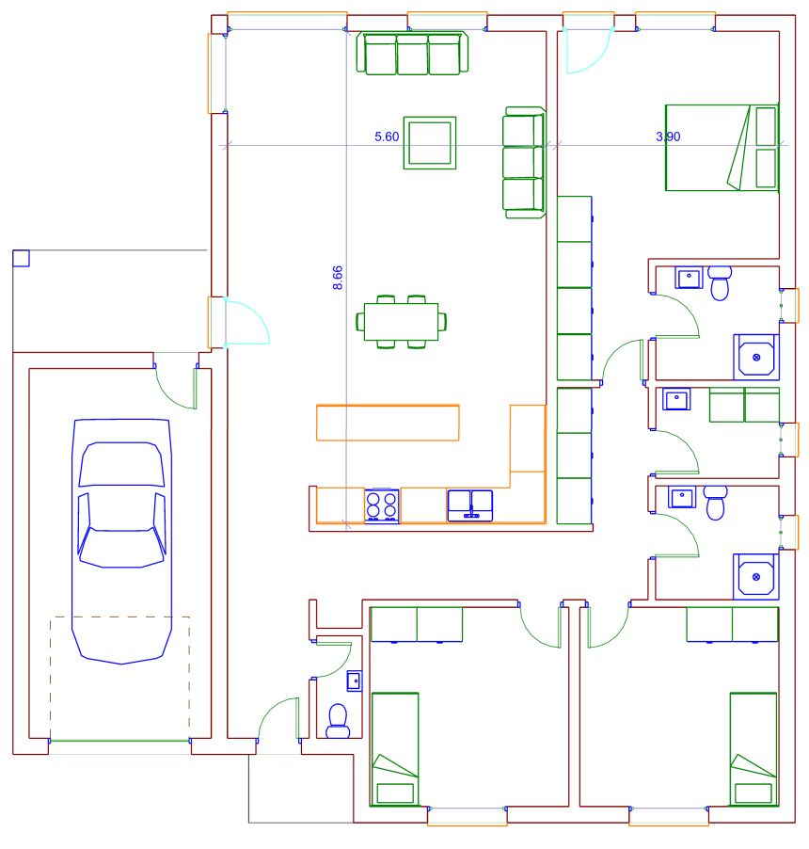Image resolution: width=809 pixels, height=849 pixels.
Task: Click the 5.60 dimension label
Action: coord(387,136)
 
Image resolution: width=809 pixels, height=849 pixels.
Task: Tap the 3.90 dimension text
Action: coord(668,136)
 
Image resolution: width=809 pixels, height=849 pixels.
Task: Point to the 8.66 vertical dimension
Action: coord(337,278)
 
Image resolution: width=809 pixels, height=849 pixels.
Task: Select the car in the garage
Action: coord(121,541)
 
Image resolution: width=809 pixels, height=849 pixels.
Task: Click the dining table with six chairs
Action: coord(401,322)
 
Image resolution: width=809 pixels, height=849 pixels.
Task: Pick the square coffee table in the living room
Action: coord(430,143)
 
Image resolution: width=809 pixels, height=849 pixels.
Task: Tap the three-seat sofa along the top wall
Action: coord(412,53)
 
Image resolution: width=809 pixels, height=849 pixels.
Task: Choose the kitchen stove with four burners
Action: coord(382,505)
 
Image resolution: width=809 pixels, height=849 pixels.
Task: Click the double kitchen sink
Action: coord(470,505)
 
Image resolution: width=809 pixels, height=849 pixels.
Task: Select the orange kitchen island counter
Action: coord(388,423)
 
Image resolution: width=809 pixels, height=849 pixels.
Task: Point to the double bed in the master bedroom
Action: coord(722,148)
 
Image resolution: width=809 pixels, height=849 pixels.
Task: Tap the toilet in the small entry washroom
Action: coord(339,721)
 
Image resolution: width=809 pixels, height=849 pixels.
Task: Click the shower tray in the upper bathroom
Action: coord(756,357)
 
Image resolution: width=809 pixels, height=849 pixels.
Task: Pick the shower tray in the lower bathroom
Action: coord(756,577)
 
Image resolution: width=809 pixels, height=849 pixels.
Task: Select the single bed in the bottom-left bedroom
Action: coord(395,749)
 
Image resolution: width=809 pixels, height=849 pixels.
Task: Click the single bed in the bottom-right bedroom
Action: coord(753,749)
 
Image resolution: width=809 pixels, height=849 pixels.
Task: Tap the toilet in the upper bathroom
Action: coord(720,282)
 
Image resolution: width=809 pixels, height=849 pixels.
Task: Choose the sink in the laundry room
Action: coord(676,400)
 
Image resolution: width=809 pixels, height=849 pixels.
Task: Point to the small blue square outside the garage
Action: coord(21,258)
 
